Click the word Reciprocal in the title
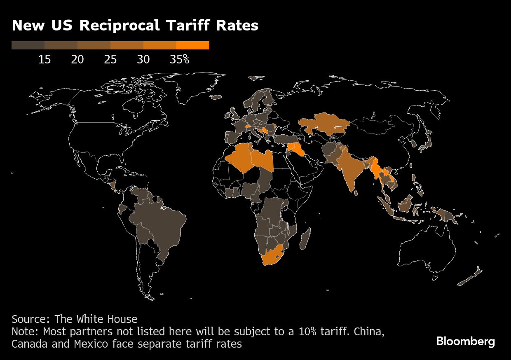point(120,26)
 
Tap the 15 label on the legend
point(45,59)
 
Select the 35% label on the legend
point(180,59)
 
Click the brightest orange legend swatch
point(193,45)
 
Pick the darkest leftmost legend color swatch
point(28,45)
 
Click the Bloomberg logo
point(466,341)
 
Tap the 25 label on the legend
point(110,59)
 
